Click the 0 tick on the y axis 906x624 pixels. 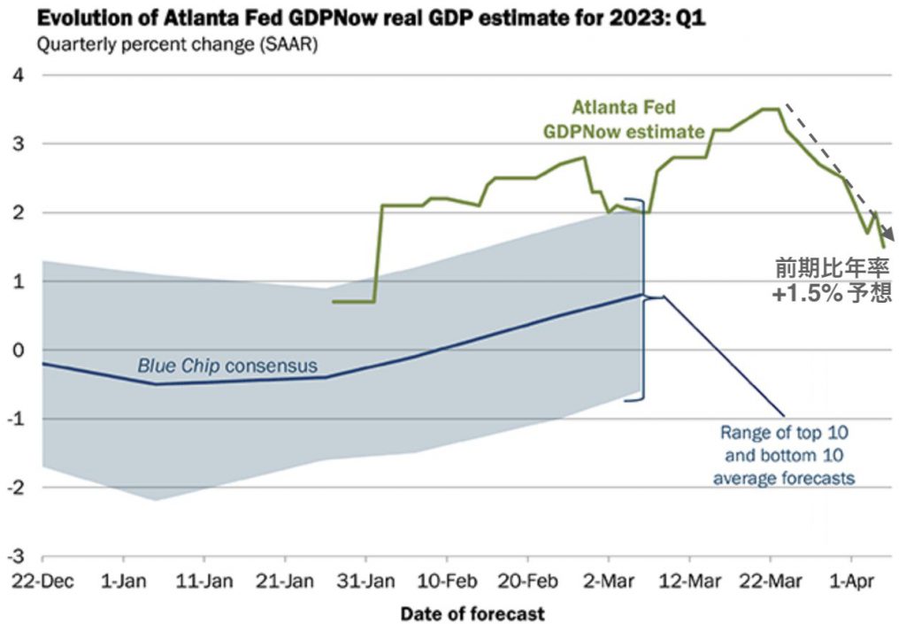tap(18, 351)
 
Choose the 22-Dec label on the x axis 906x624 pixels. tap(42, 582)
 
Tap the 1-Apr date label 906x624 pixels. tap(851, 582)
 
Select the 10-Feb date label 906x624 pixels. tap(446, 582)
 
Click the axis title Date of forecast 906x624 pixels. tap(472, 612)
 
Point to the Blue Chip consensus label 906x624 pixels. tap(226, 365)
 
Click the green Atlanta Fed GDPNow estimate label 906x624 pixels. tap(624, 119)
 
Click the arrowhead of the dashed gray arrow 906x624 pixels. tap(890, 240)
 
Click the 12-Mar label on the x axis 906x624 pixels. tap(689, 582)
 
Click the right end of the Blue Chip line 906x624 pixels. tap(641, 295)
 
